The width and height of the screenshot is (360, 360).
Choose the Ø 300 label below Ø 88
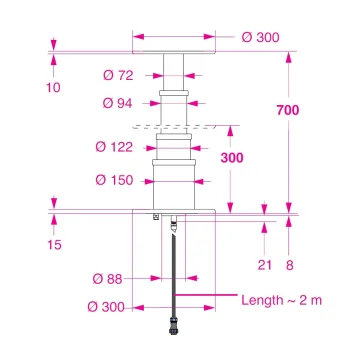(111, 307)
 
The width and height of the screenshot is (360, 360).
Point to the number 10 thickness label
(53, 87)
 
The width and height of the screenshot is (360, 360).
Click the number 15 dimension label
(53, 244)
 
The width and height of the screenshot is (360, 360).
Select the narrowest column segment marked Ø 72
(174, 72)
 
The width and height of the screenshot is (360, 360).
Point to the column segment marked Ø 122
(174, 147)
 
